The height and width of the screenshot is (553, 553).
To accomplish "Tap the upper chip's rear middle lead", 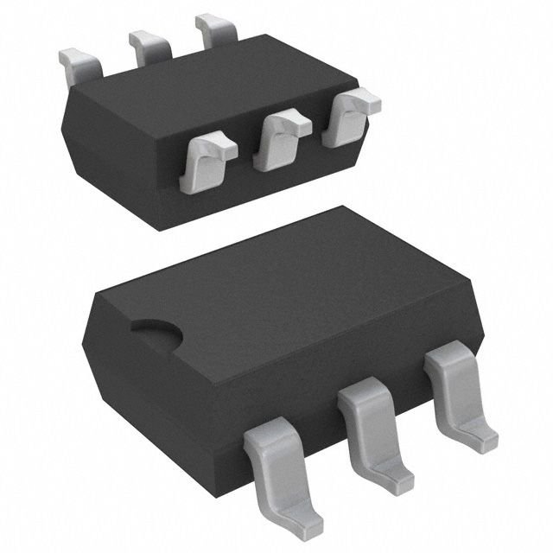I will (x=147, y=45).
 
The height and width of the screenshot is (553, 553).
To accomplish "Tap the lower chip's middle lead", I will (x=372, y=423).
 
